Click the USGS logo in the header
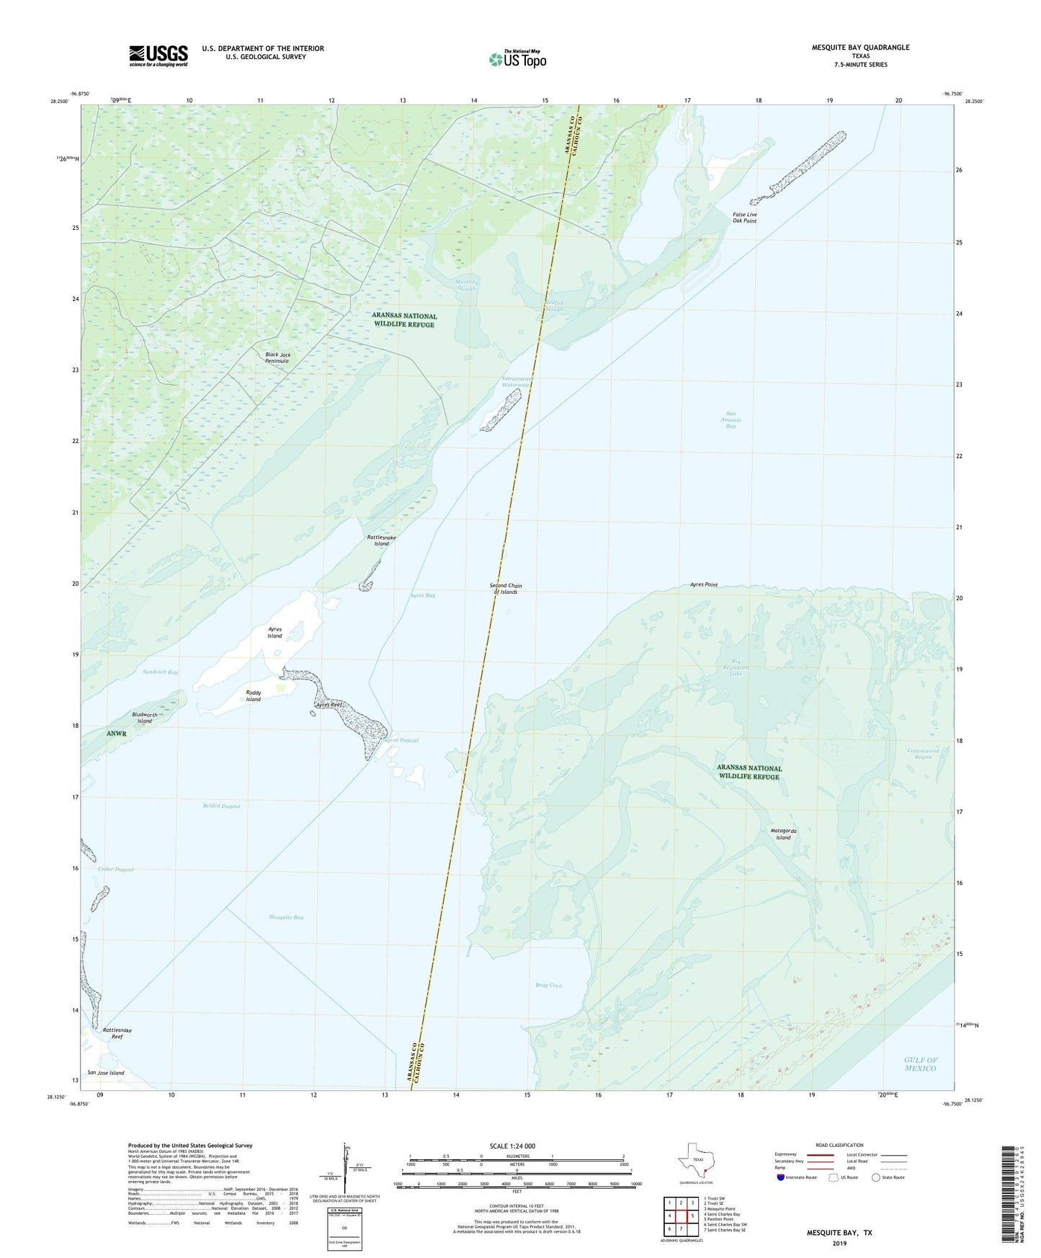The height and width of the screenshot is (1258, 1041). click(x=158, y=55)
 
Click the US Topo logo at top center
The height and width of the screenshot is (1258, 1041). click(x=517, y=58)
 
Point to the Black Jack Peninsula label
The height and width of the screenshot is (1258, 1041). click(x=277, y=357)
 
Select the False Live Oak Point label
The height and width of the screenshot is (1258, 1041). click(x=744, y=218)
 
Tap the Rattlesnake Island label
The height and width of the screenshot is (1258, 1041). click(x=381, y=540)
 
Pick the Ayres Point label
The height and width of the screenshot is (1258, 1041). click(x=703, y=585)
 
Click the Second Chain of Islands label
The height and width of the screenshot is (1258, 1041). click(x=506, y=589)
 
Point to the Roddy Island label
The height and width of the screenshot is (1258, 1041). click(x=253, y=696)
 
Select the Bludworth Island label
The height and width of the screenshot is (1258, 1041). click(x=145, y=718)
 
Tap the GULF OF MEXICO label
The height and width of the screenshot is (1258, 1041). click(x=920, y=1063)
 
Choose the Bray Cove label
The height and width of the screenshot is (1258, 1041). click(x=548, y=985)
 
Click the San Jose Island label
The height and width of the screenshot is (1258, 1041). click(x=106, y=1073)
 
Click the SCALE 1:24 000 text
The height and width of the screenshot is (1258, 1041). click(x=512, y=1146)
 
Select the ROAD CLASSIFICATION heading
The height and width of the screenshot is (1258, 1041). click(x=839, y=1145)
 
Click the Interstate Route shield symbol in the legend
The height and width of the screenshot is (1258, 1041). click(x=782, y=1177)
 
